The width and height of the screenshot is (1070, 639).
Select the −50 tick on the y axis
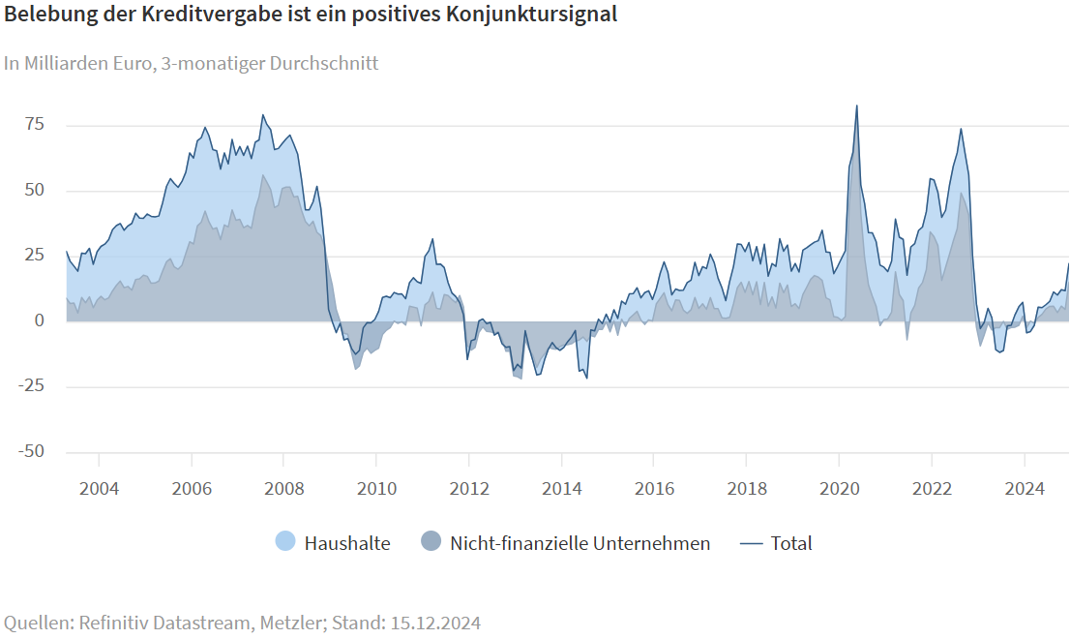click(33, 451)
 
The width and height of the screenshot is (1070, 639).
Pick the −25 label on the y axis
click(33, 386)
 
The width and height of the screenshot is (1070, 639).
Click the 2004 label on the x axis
click(99, 488)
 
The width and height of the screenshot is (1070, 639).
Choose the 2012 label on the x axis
click(469, 488)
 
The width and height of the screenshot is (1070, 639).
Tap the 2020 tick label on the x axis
click(839, 488)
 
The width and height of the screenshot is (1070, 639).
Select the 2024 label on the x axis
click(1025, 488)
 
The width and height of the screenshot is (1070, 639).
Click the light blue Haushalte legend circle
click(285, 543)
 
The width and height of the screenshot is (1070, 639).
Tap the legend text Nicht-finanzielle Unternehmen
click(580, 543)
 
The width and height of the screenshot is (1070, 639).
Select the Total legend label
click(791, 543)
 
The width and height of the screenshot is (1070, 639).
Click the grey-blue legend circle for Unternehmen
click(431, 543)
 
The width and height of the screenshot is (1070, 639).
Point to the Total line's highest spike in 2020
click(856, 106)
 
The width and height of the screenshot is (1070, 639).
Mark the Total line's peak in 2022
click(961, 129)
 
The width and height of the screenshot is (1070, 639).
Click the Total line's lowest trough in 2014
click(586, 378)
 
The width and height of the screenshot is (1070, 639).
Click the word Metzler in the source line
click(289, 622)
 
